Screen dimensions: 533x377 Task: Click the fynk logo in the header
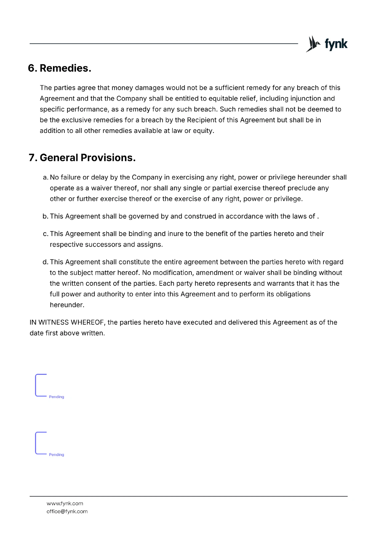(327, 44)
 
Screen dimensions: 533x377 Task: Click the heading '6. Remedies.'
(60, 68)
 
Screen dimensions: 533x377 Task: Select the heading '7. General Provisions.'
(82, 158)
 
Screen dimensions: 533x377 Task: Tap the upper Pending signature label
(56, 397)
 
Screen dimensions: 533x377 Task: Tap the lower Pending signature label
(56, 455)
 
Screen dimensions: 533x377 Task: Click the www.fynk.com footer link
(65, 503)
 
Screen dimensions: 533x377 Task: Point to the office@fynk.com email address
(67, 511)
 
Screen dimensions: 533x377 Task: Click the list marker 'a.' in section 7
(46, 178)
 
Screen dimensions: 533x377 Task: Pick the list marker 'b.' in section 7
(45, 217)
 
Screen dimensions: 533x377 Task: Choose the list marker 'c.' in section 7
(46, 234)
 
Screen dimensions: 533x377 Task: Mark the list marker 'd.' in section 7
(45, 262)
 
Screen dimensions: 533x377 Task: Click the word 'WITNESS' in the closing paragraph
(54, 322)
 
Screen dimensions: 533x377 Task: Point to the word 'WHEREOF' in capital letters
(88, 322)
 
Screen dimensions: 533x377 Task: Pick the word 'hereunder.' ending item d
(67, 305)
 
